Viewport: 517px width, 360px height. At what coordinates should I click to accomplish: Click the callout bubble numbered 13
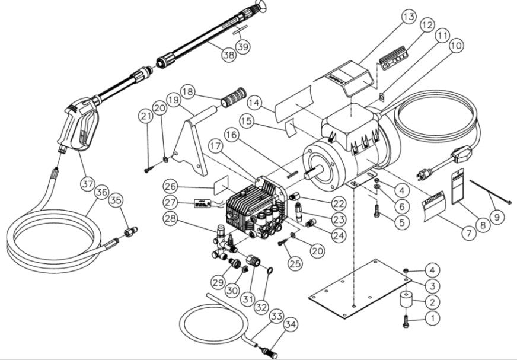click(407, 17)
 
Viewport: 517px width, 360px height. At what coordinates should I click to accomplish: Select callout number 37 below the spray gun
click(87, 184)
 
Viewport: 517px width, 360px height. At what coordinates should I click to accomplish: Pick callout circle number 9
click(496, 218)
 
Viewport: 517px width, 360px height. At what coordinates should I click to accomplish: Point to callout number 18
click(188, 92)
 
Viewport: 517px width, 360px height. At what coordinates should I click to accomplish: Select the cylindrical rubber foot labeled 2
click(407, 301)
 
